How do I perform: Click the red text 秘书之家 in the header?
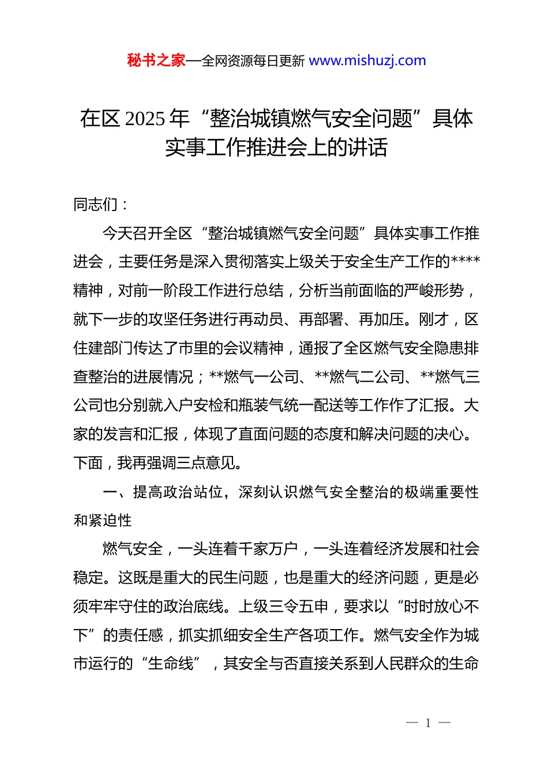click(156, 61)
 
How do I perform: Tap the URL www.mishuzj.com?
click(367, 61)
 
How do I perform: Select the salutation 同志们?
click(96, 204)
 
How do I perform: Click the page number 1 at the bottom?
click(428, 723)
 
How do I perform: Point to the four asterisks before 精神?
click(465, 262)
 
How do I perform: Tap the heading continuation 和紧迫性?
click(103, 521)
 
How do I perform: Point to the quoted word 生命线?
click(171, 664)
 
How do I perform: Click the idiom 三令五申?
click(298, 607)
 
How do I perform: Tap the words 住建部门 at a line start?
click(103, 348)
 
